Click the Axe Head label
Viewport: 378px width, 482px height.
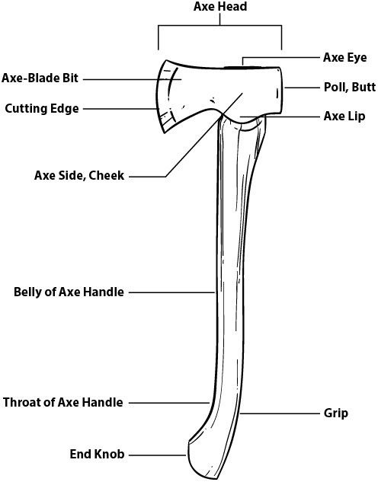(220, 6)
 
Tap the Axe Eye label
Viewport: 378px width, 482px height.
(344, 57)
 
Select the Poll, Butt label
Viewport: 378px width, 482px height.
(350, 87)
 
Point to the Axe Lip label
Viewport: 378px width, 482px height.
(344, 117)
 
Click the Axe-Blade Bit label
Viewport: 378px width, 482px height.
(40, 78)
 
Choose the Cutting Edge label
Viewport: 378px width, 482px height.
(42, 109)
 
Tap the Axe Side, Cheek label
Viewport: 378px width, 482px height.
(79, 176)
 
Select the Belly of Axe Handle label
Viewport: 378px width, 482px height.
(69, 292)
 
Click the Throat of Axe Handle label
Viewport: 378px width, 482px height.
(63, 402)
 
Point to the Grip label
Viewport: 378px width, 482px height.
(336, 413)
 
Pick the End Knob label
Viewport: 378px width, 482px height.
(97, 454)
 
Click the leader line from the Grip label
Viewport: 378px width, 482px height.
(280, 413)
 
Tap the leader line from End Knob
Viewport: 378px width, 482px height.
(158, 455)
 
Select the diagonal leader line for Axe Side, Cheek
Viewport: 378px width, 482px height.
(204, 135)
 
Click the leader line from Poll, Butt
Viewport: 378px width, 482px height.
(302, 88)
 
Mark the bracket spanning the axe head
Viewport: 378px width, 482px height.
(220, 26)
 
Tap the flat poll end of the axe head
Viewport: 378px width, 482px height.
(281, 91)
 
